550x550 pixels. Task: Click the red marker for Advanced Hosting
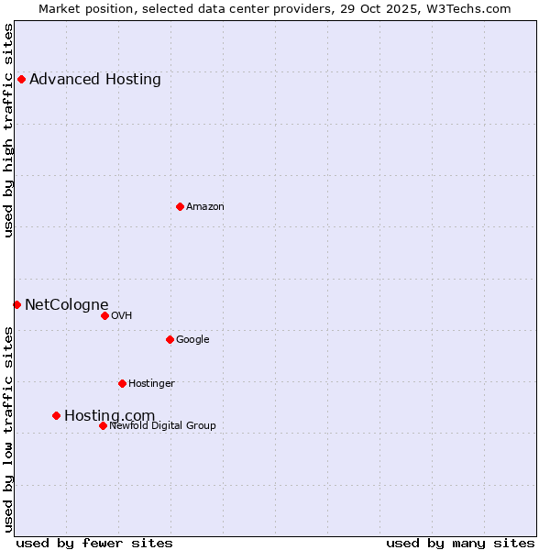(21, 79)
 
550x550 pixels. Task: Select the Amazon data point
(180, 206)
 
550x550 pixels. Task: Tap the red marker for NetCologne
(16, 304)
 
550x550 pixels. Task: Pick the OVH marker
(104, 315)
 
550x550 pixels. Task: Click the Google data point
(170, 339)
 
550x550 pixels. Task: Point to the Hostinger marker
(122, 383)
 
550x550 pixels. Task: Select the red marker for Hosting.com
(56, 415)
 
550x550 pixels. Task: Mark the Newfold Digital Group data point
(103, 425)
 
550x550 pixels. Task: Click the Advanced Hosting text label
(95, 79)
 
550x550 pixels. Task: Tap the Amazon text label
(205, 206)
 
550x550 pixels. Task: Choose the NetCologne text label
(67, 304)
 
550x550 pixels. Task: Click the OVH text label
(122, 315)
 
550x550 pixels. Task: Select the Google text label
(192, 339)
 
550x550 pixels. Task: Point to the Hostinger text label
(151, 383)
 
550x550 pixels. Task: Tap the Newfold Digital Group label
(162, 425)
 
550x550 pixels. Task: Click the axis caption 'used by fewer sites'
(94, 543)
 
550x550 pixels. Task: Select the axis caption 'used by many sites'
(460, 543)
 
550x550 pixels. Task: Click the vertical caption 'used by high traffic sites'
(9, 130)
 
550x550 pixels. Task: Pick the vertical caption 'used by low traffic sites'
(9, 429)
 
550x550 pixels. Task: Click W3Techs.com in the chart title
(467, 8)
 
